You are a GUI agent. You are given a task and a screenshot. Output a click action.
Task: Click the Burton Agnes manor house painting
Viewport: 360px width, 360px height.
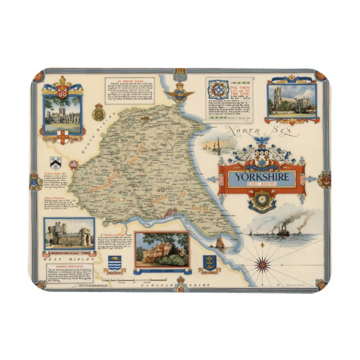click(x=162, y=250)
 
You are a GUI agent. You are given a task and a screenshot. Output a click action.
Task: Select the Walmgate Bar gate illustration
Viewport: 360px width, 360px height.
click(x=69, y=234)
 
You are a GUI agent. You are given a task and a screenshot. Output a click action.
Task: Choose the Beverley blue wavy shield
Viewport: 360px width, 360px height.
click(x=115, y=263)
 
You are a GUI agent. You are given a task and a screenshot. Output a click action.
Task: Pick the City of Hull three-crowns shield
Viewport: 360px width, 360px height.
click(x=208, y=263)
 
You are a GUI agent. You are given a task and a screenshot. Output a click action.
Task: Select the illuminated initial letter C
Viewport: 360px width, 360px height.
click(x=216, y=90)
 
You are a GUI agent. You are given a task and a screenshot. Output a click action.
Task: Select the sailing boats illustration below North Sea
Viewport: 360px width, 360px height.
click(x=212, y=146)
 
